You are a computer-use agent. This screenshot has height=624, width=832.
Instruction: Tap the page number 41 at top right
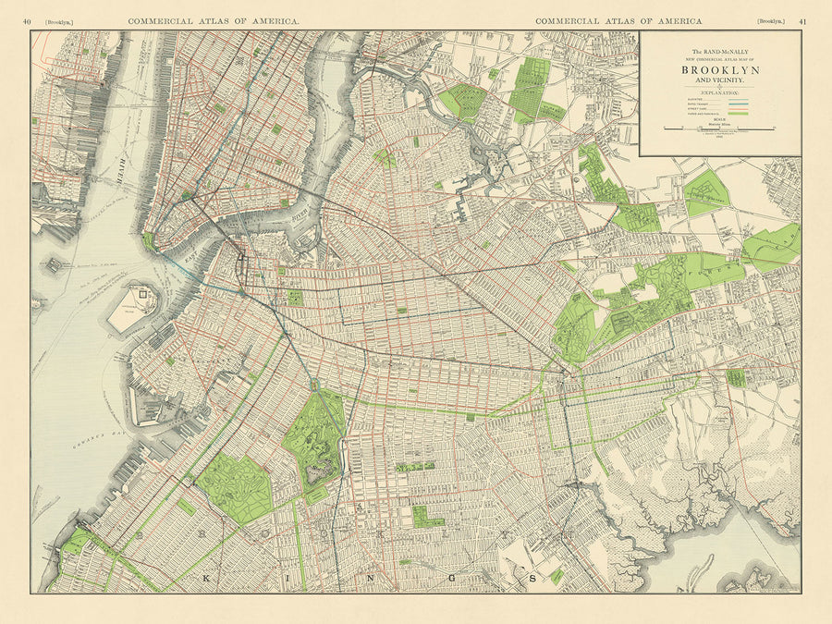(802, 20)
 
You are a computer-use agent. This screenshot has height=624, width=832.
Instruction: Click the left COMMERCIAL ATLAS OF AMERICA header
(214, 20)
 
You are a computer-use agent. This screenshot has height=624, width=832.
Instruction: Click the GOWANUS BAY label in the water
(92, 447)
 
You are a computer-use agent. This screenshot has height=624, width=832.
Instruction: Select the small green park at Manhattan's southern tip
(148, 240)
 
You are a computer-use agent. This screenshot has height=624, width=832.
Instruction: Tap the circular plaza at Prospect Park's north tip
(314, 384)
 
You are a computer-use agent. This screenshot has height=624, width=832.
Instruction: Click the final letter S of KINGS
(532, 579)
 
